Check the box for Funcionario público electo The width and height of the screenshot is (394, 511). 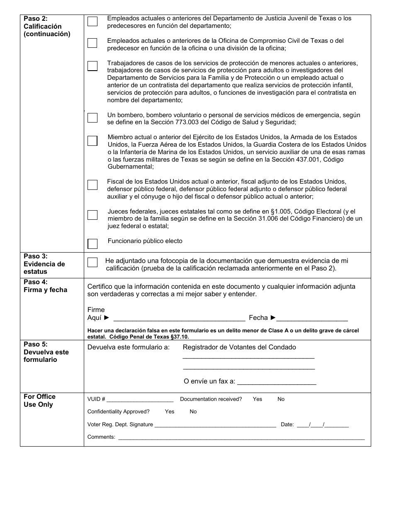pos(92,243)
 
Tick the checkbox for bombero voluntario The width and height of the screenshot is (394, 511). pos(92,118)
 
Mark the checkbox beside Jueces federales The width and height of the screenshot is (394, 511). pos(92,215)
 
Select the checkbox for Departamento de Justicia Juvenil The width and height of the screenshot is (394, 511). pos(92,22)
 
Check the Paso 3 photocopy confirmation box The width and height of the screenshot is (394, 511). pos(92,263)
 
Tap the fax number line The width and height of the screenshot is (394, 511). pos(277,382)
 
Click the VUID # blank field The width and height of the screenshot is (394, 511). pos(140,400)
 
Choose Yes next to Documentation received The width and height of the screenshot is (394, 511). pos(258,399)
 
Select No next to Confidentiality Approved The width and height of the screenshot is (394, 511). pos(193,412)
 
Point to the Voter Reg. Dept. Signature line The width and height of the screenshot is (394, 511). pos(215,425)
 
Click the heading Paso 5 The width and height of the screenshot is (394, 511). pos(36,344)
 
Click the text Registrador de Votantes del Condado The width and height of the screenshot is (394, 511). pos(239,347)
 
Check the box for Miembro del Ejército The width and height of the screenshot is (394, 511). pos(92,141)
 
